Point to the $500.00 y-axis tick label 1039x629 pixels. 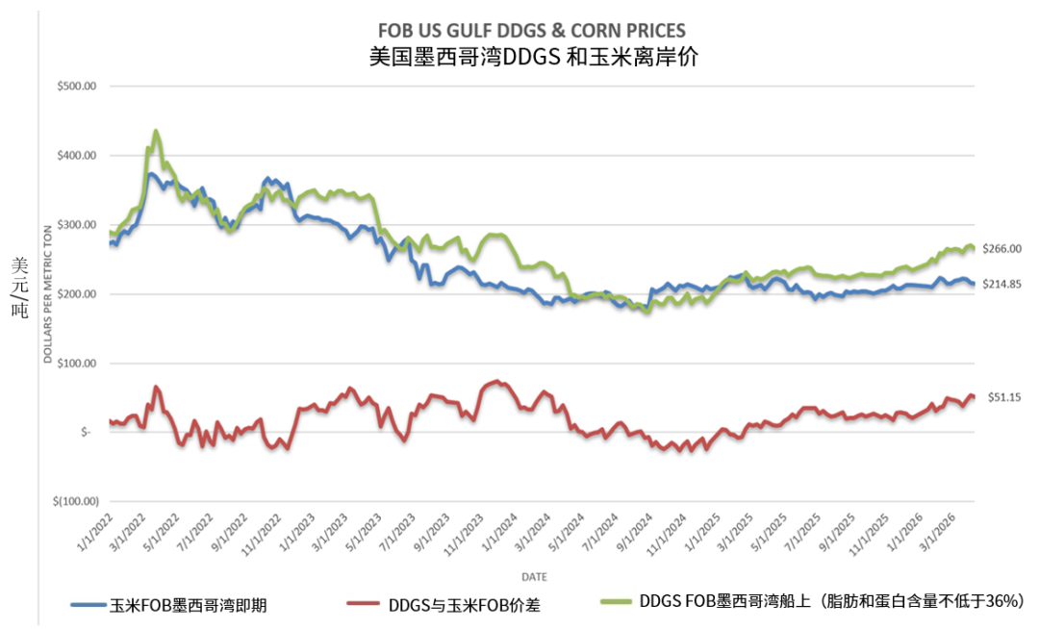pos(77,86)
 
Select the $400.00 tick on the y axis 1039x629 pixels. pos(77,155)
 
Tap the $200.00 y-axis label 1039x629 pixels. pos(77,294)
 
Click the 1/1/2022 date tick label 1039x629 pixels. pos(97,530)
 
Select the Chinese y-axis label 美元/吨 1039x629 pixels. pos(19,288)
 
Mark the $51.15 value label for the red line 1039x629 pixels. pos(1005,396)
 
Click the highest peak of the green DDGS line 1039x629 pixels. pos(156,131)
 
